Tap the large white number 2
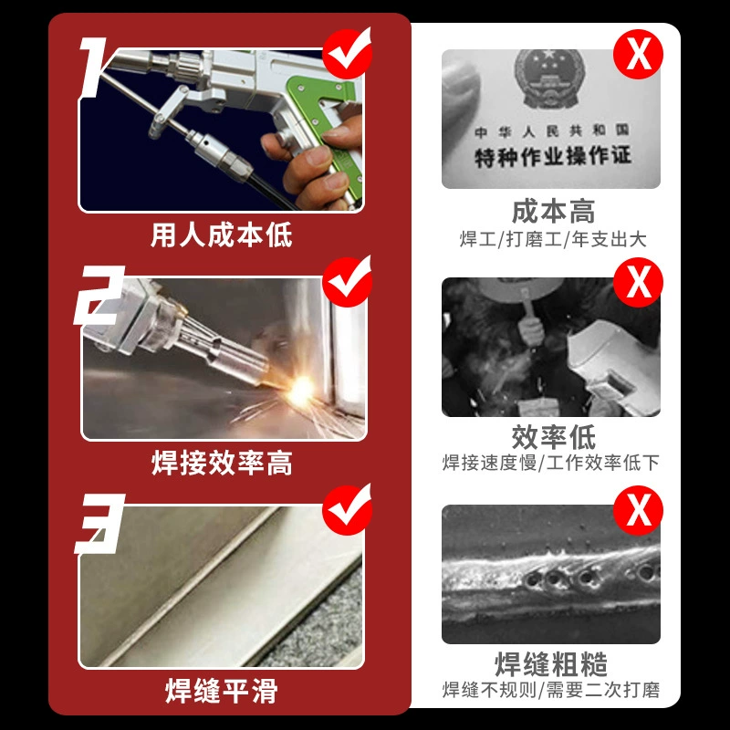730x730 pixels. point(99,295)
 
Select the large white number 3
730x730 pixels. point(99,524)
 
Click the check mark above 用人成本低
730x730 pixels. point(348,52)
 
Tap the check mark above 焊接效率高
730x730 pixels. point(348,281)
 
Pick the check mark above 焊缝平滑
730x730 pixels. point(348,509)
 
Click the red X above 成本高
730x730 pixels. point(638,54)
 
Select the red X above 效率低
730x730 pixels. point(638,283)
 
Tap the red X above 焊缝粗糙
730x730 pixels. point(638,511)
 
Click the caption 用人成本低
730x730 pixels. point(222,235)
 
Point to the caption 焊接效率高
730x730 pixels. point(222,463)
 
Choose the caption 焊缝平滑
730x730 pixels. point(222,691)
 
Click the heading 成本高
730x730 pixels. point(553,212)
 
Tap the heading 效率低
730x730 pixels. point(553,437)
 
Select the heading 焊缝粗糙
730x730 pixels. point(551,664)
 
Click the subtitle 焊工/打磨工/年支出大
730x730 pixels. point(553,239)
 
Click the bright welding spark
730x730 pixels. point(300,391)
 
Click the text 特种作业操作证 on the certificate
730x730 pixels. point(553,156)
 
